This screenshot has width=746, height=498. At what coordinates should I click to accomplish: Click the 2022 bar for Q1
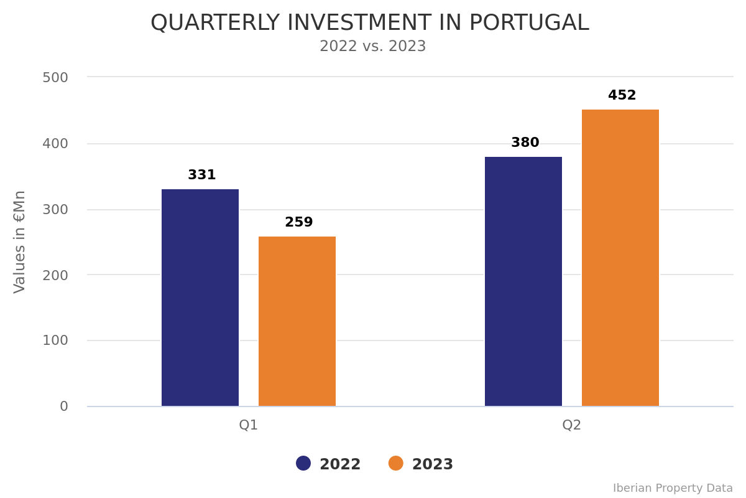pyautogui.click(x=200, y=298)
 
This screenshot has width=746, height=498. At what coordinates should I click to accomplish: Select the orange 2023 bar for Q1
pyautogui.click(x=297, y=321)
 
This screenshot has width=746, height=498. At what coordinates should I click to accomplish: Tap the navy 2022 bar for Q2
pyautogui.click(x=523, y=281)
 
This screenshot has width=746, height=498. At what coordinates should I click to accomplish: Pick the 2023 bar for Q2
pyautogui.click(x=620, y=258)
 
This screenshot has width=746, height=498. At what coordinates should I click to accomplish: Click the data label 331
pyautogui.click(x=202, y=176)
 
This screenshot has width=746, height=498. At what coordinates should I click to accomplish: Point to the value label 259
pyautogui.click(x=299, y=223)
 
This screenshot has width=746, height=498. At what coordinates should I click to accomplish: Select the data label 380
pyautogui.click(x=525, y=143)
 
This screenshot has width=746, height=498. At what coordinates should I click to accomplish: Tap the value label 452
pyautogui.click(x=622, y=96)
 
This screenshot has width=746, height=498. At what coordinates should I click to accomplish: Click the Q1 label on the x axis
pyautogui.click(x=249, y=425)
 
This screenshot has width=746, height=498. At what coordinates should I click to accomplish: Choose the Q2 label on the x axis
pyautogui.click(x=572, y=425)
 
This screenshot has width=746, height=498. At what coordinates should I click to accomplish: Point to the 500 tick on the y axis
pyautogui.click(x=55, y=78)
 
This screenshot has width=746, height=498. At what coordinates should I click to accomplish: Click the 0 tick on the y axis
pyautogui.click(x=64, y=406)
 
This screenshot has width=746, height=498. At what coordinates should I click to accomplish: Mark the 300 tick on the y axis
pyautogui.click(x=55, y=210)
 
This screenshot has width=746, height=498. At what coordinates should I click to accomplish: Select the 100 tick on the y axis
pyautogui.click(x=55, y=341)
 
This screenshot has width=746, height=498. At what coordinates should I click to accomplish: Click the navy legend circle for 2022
pyautogui.click(x=303, y=464)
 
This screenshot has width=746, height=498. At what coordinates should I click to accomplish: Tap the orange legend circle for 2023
pyautogui.click(x=396, y=464)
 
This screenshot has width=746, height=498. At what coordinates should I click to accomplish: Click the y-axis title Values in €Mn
pyautogui.click(x=20, y=242)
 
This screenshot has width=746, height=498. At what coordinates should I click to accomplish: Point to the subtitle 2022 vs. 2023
pyautogui.click(x=373, y=47)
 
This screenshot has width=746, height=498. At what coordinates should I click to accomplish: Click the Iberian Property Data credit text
pyautogui.click(x=673, y=489)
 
